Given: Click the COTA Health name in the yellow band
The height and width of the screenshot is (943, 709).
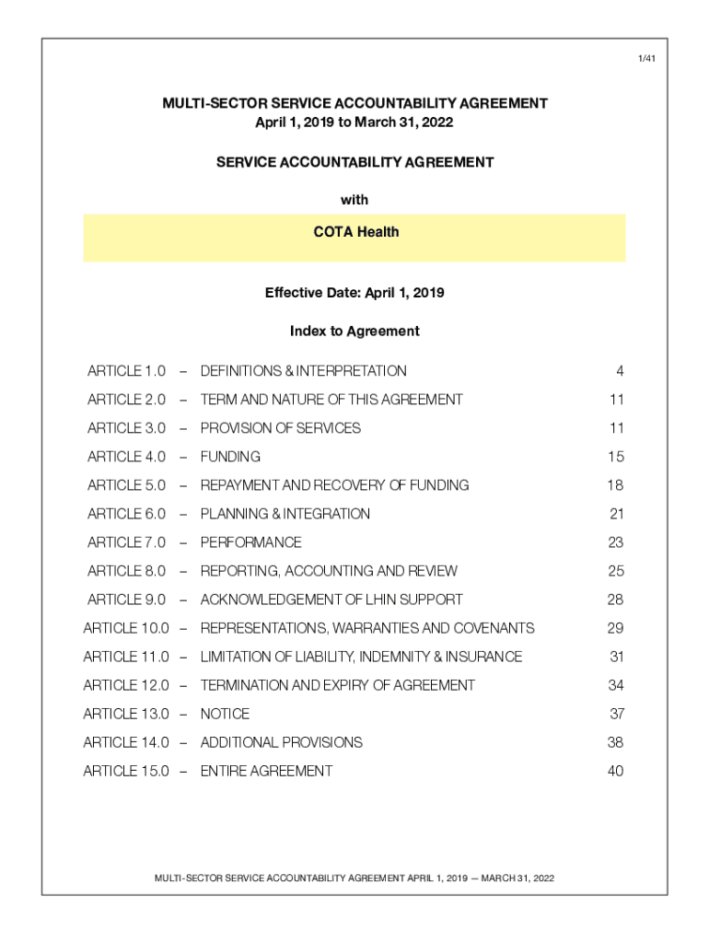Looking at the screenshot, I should coord(354,232).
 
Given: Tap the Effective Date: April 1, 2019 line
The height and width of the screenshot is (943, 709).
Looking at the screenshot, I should coord(354,293).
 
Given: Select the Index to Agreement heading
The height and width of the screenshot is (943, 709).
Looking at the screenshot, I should coord(354,331).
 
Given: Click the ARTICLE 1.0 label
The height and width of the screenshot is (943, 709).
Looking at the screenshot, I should coord(126,371).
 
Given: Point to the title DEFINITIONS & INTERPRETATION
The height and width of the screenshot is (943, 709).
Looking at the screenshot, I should coord(303,371).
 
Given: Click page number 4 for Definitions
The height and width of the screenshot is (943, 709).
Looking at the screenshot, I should coord(620,371).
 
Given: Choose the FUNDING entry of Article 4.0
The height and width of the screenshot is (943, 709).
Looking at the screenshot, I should coord(230,457).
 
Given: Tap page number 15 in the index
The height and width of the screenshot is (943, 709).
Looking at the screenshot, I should coord(615,457).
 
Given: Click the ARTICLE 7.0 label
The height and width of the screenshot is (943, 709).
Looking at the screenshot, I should coord(126,542).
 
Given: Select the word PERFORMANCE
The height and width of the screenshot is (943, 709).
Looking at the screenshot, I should coord(250,542).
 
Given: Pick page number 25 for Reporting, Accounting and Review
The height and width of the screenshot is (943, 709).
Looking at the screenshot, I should coord(615,571).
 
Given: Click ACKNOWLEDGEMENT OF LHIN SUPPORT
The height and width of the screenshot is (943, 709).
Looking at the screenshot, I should coord(331,600).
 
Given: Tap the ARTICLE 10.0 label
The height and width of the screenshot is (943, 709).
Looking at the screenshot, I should coord(126,628).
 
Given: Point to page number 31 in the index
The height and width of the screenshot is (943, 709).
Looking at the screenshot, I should coord(616,657).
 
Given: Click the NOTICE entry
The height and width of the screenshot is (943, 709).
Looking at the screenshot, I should coord(225,714).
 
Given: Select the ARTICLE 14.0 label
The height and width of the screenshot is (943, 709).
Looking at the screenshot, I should coord(126,742).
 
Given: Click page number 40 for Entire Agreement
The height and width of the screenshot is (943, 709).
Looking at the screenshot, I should coord(615,771).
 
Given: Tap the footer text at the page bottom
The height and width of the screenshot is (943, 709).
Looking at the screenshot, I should coord(354,878).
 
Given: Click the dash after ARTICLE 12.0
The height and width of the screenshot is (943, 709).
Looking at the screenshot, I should coord(183,685).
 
